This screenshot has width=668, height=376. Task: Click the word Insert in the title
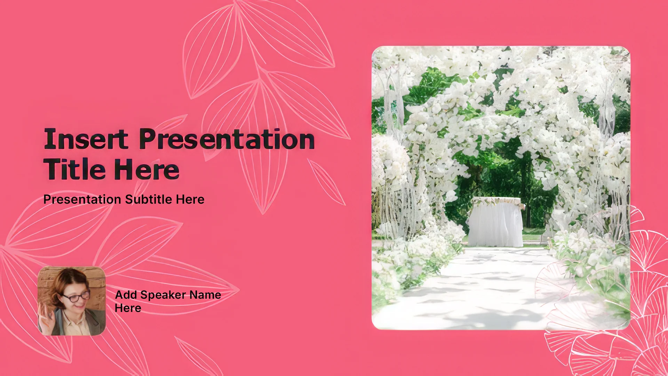(86, 139)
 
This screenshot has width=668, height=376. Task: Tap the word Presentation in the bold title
(227, 139)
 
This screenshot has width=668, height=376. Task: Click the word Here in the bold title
(147, 169)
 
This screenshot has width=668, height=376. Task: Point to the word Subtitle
(149, 199)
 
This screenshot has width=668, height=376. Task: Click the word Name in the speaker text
(205, 295)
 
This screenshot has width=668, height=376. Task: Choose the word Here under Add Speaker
(128, 308)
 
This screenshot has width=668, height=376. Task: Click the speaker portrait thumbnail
(72, 301)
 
